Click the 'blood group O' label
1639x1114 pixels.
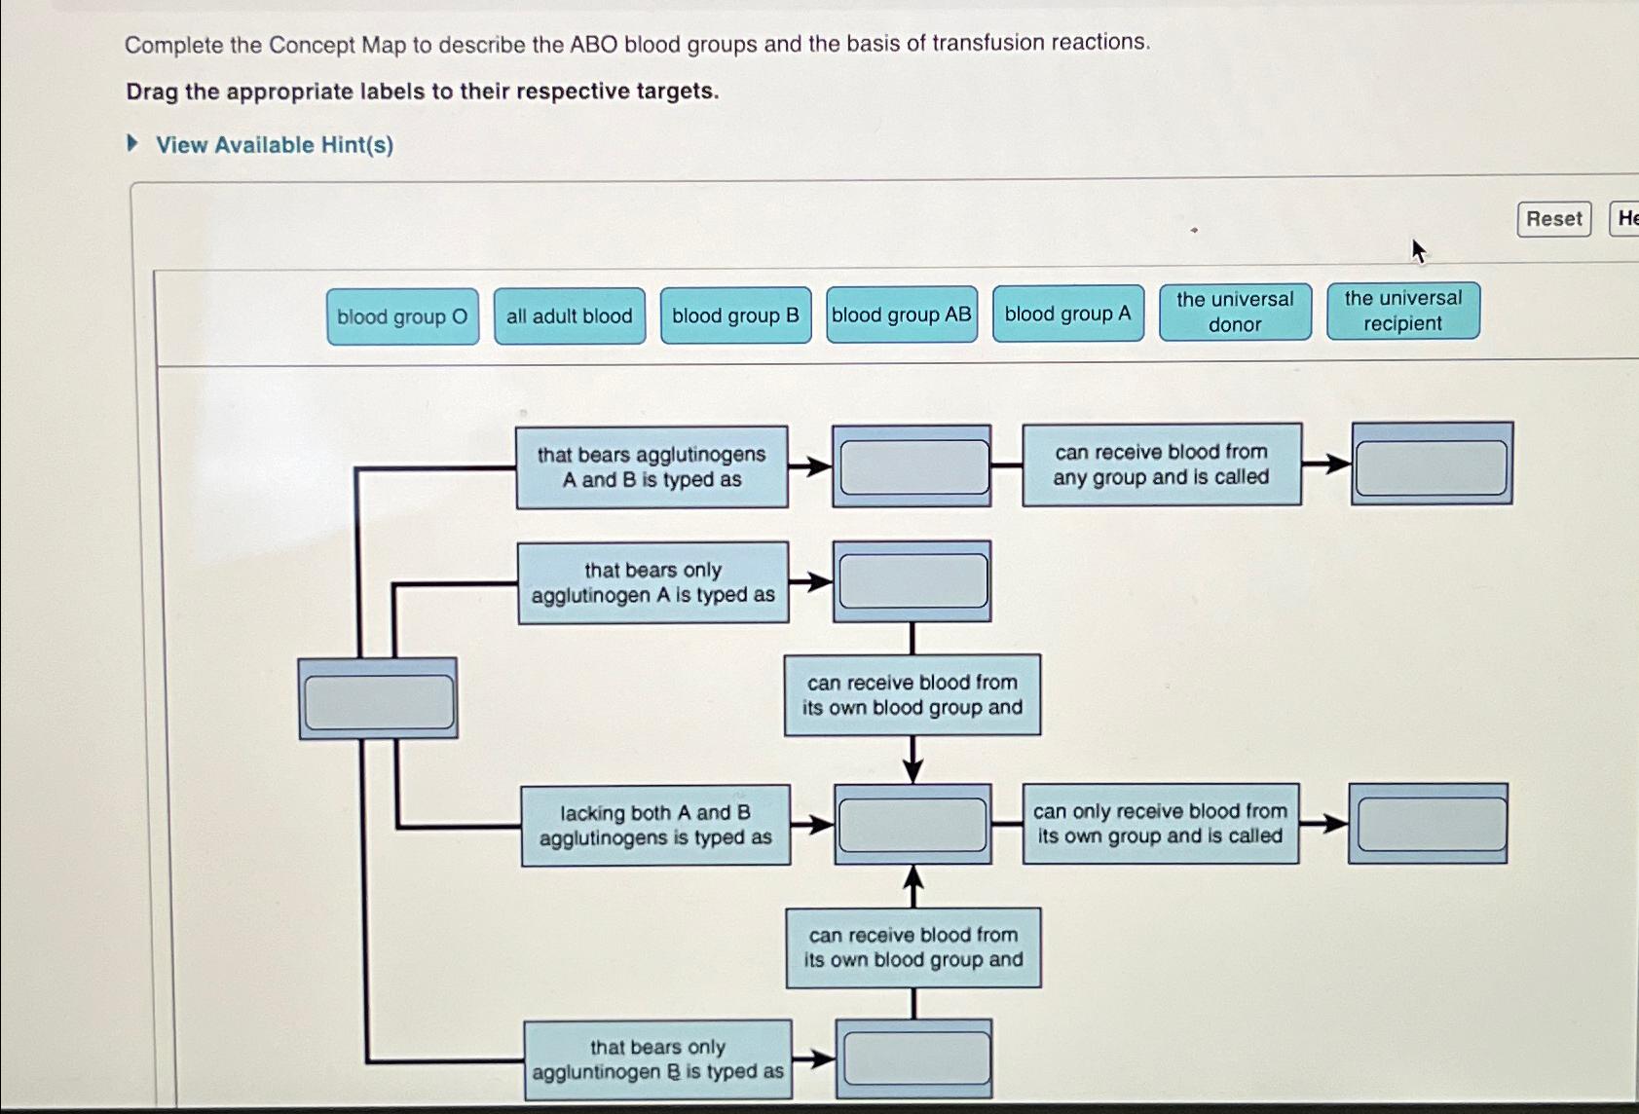point(402,316)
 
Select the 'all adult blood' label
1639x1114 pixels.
point(569,316)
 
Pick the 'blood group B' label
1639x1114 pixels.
point(735,316)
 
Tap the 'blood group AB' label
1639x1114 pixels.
point(901,315)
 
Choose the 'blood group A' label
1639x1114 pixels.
point(1067,314)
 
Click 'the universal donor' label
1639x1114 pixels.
point(1235,312)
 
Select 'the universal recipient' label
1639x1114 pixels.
point(1402,311)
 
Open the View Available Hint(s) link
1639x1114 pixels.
point(274,145)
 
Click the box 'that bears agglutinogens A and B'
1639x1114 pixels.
point(652,467)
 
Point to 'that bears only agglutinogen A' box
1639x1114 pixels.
point(652,582)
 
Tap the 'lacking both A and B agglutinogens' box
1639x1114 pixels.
point(654,825)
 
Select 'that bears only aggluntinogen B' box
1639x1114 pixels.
point(657,1059)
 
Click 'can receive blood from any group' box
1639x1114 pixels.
point(1161,464)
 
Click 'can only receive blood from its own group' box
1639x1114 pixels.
point(1160,824)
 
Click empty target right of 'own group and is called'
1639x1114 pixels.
point(1430,824)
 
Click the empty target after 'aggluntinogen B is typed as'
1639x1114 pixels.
point(915,1058)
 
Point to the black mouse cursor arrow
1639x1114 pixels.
point(1418,251)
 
